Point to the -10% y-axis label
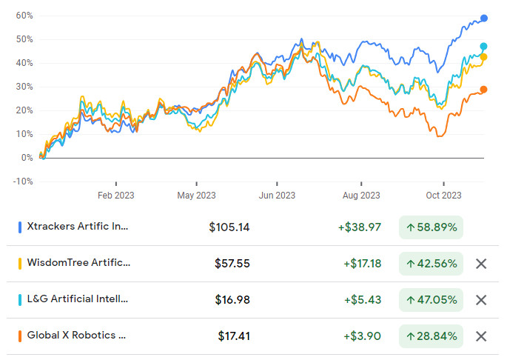[23, 181]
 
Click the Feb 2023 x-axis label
[116, 196]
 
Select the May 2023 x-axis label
[196, 196]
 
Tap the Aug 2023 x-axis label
[360, 196]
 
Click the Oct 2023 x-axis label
[443, 196]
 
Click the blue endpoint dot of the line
[484, 19]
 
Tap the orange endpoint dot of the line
[483, 90]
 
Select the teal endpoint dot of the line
[483, 47]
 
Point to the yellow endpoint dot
[484, 57]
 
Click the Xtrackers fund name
[78, 227]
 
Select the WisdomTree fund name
[78, 263]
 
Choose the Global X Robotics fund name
[76, 336]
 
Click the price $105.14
[229, 227]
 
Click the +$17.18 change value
[362, 264]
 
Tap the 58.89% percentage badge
[431, 227]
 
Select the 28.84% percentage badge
[431, 336]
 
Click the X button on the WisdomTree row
[481, 264]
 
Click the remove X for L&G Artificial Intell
[481, 300]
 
